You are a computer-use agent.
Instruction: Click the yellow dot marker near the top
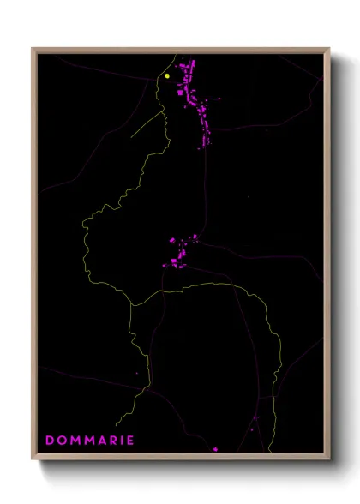point(168,76)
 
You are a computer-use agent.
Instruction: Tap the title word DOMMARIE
point(89,441)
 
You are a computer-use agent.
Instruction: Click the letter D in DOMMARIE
point(50,441)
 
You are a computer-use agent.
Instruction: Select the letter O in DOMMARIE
point(61,441)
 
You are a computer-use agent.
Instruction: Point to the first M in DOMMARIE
point(73,441)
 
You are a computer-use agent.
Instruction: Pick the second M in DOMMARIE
point(87,441)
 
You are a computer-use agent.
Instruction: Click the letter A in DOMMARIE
point(99,441)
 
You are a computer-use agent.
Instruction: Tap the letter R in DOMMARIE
point(111,441)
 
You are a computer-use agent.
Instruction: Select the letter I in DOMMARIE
point(120,441)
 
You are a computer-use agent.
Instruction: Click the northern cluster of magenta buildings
point(196,99)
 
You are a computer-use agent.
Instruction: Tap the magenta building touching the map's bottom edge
point(216,447)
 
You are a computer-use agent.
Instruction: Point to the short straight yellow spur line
point(147,125)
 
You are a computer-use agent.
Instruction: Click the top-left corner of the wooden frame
point(33,49)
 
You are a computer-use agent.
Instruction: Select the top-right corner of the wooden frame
point(328,49)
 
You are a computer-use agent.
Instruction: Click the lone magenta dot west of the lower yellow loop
point(136,373)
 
